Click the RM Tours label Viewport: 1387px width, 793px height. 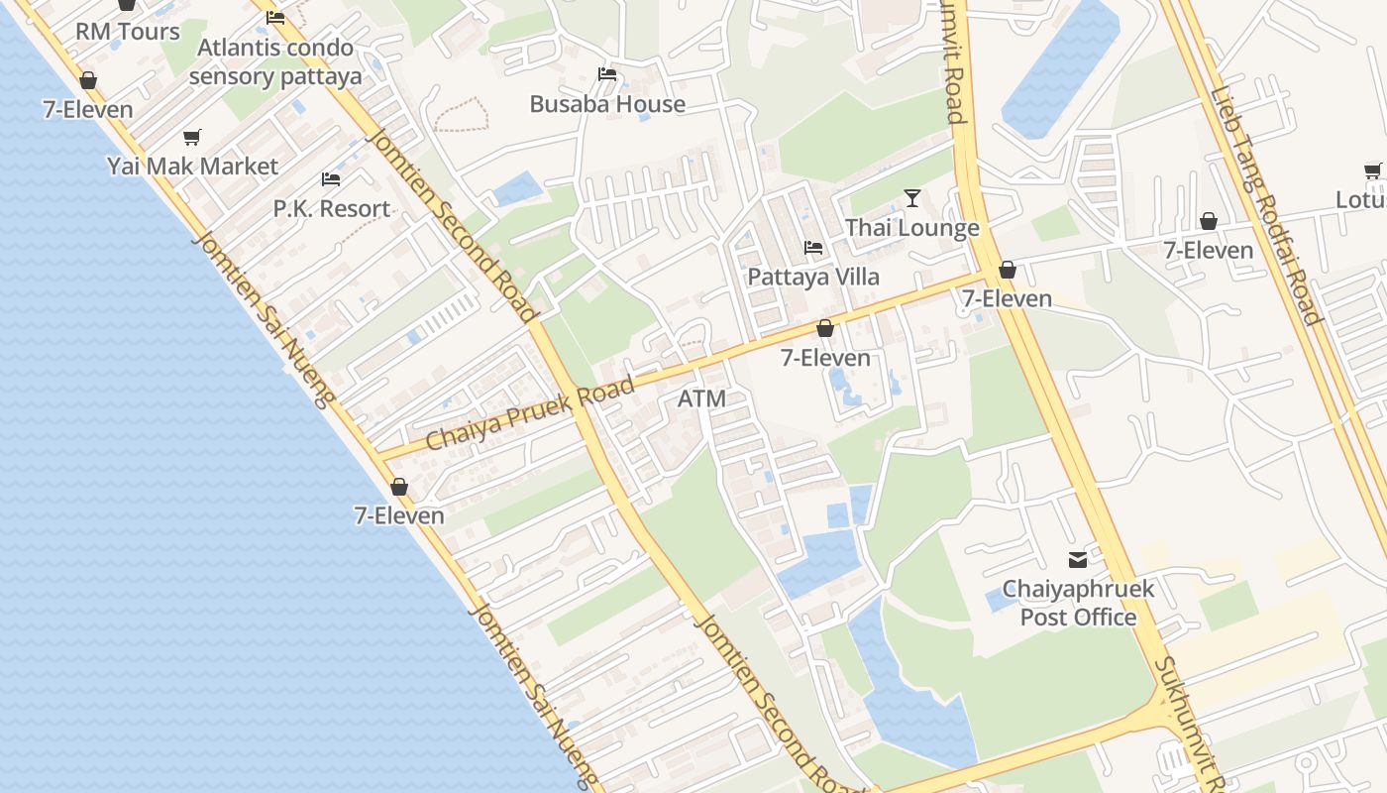(128, 32)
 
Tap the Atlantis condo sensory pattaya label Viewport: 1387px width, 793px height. (275, 61)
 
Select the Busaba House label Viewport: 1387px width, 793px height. (607, 104)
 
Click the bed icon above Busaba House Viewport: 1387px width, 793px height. (607, 74)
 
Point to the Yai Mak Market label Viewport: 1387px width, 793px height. (192, 166)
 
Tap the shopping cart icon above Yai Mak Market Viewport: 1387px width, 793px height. (192, 137)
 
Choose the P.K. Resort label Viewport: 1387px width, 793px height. (332, 208)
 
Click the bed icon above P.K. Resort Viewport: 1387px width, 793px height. (331, 179)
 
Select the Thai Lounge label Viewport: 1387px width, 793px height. (911, 228)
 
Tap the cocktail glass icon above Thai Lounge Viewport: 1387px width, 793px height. (912, 198)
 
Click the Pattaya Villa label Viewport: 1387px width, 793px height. (813, 277)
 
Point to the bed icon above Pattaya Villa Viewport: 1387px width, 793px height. (813, 247)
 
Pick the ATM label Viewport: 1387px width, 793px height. (701, 398)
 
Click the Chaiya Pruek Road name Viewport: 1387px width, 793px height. (530, 413)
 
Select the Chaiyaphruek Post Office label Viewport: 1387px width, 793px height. (1078, 603)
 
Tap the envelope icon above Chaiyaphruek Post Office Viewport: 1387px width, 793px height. (1077, 560)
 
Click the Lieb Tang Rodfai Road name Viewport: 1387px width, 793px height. (1265, 206)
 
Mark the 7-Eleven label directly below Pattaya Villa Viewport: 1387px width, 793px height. (825, 358)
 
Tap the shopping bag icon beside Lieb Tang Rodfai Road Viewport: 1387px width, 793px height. (1209, 221)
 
